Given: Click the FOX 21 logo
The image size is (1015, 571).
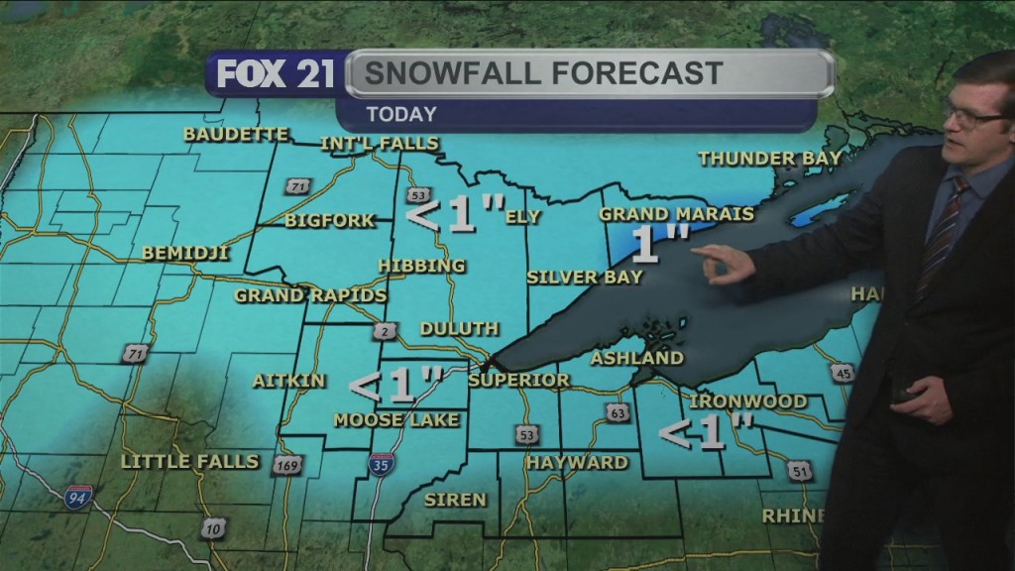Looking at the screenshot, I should click(275, 75).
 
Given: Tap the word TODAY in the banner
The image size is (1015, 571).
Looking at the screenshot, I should click(400, 114).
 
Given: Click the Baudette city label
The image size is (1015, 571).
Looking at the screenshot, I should click(236, 134).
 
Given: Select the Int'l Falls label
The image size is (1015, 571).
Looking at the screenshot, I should click(379, 144).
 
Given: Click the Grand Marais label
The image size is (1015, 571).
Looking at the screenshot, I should click(676, 213).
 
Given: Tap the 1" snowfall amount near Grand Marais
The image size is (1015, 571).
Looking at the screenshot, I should click(659, 244).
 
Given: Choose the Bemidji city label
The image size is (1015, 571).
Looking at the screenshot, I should click(185, 253).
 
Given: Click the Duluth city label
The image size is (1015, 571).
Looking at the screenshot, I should click(459, 328).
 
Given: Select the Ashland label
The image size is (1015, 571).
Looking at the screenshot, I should click(636, 358).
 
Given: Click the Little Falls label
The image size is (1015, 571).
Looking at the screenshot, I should click(189, 461).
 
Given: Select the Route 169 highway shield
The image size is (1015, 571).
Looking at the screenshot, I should click(287, 463).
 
